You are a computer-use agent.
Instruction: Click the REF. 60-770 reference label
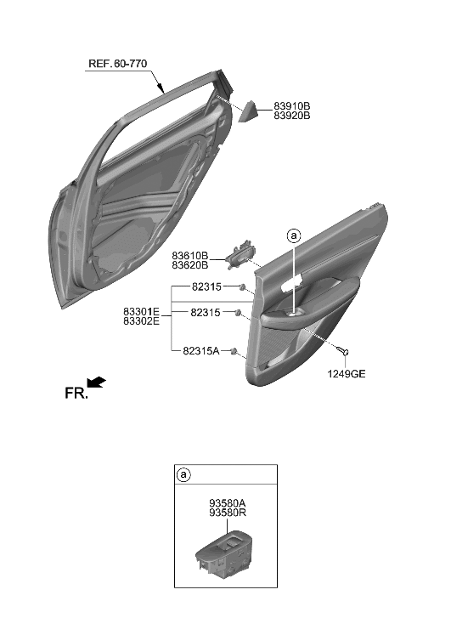[122, 63]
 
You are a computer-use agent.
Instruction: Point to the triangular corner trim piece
[252, 111]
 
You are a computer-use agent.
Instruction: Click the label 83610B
[190, 254]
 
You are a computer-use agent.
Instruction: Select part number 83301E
[141, 312]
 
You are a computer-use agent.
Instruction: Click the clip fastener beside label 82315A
[234, 351]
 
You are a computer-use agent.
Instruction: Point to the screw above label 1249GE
[343, 351]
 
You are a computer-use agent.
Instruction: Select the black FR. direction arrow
[97, 383]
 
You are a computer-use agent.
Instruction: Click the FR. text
[76, 393]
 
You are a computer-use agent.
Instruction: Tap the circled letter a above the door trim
[294, 235]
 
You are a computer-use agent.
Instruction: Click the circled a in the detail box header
[184, 475]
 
